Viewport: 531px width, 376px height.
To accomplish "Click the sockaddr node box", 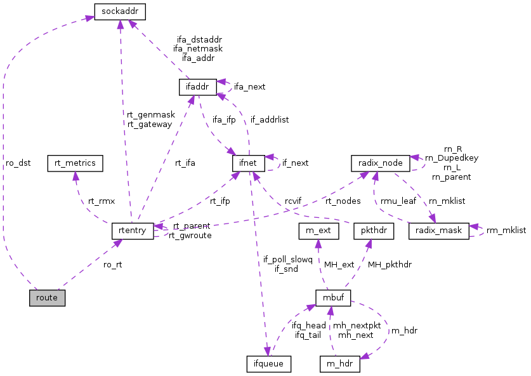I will pos(120,11).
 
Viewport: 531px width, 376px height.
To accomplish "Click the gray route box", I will pos(47,297).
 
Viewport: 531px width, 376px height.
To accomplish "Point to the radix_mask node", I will pos(438,230).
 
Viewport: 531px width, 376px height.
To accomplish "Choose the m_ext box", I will pos(318,230).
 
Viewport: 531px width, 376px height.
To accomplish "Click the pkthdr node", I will pos(372,230).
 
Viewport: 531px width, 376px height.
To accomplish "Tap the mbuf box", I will pos(333,297).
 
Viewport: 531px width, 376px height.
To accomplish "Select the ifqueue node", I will pos(268,364).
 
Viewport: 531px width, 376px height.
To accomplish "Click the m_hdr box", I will pos(340,364).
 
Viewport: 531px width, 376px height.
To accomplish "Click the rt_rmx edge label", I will pos(102,201).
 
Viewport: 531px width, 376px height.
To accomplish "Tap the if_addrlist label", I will pos(270,119).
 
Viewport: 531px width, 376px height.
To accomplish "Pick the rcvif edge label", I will pos(292,201).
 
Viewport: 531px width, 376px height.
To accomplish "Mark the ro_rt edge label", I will pos(112,264).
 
